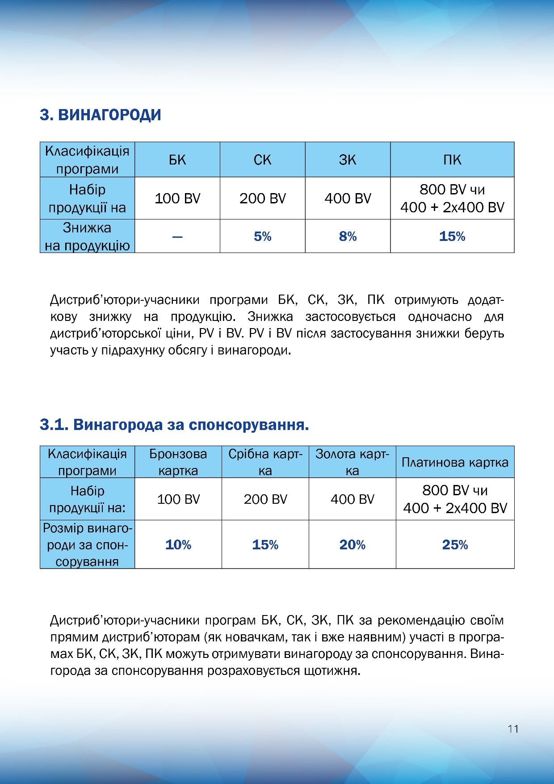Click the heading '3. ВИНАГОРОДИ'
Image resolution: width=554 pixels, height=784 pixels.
[x=100, y=115]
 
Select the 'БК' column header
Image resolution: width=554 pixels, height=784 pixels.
[x=177, y=160]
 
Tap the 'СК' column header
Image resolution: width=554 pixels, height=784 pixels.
[x=262, y=160]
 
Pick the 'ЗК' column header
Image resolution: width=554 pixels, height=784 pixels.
[x=348, y=160]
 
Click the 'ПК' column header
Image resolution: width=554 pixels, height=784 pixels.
[x=452, y=160]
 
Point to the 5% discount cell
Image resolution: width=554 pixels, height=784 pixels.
[x=262, y=236]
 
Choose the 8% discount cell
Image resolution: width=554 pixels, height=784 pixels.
[x=348, y=236]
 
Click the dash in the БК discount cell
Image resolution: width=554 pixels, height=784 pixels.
[x=177, y=236]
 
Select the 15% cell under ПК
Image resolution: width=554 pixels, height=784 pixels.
[x=452, y=236]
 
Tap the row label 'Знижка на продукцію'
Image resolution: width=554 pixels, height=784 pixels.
[x=87, y=236]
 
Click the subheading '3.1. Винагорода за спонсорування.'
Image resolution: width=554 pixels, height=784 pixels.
[x=174, y=425]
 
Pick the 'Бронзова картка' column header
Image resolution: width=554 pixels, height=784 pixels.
[x=178, y=462]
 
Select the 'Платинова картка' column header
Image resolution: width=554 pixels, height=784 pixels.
[x=455, y=462]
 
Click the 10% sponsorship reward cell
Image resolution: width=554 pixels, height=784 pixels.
[x=178, y=545]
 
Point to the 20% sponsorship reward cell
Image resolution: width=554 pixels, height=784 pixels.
[x=352, y=545]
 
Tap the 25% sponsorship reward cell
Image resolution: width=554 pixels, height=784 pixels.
[x=455, y=545]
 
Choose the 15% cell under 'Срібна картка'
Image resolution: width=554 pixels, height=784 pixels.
[x=265, y=545]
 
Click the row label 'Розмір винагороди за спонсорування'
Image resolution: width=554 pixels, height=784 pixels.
[x=87, y=545]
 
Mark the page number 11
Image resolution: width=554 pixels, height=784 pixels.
[x=513, y=729]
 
